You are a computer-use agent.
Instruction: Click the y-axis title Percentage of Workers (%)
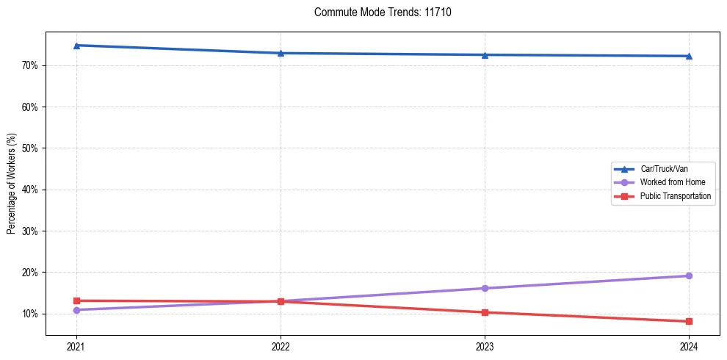(x=11, y=184)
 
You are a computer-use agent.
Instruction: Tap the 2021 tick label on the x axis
(x=76, y=345)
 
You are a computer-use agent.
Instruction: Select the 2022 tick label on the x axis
(x=281, y=345)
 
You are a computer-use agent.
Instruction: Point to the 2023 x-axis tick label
(x=485, y=345)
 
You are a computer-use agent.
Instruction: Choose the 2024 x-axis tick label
(x=689, y=345)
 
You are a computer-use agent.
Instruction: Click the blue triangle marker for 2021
(x=76, y=46)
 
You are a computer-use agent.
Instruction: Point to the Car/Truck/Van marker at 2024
(x=689, y=56)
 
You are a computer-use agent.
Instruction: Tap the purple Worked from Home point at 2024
(x=689, y=276)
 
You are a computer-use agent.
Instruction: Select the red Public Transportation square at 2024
(x=689, y=321)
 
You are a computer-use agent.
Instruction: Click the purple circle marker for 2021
(x=76, y=310)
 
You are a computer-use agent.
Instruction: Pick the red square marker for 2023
(x=485, y=312)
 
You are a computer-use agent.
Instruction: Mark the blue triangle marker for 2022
(x=281, y=53)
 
